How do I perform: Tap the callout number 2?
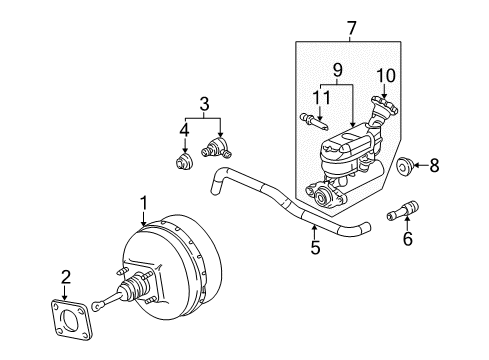66,276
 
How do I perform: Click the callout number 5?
315,246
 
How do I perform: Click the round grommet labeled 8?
406,166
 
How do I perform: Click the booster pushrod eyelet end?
98,308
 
